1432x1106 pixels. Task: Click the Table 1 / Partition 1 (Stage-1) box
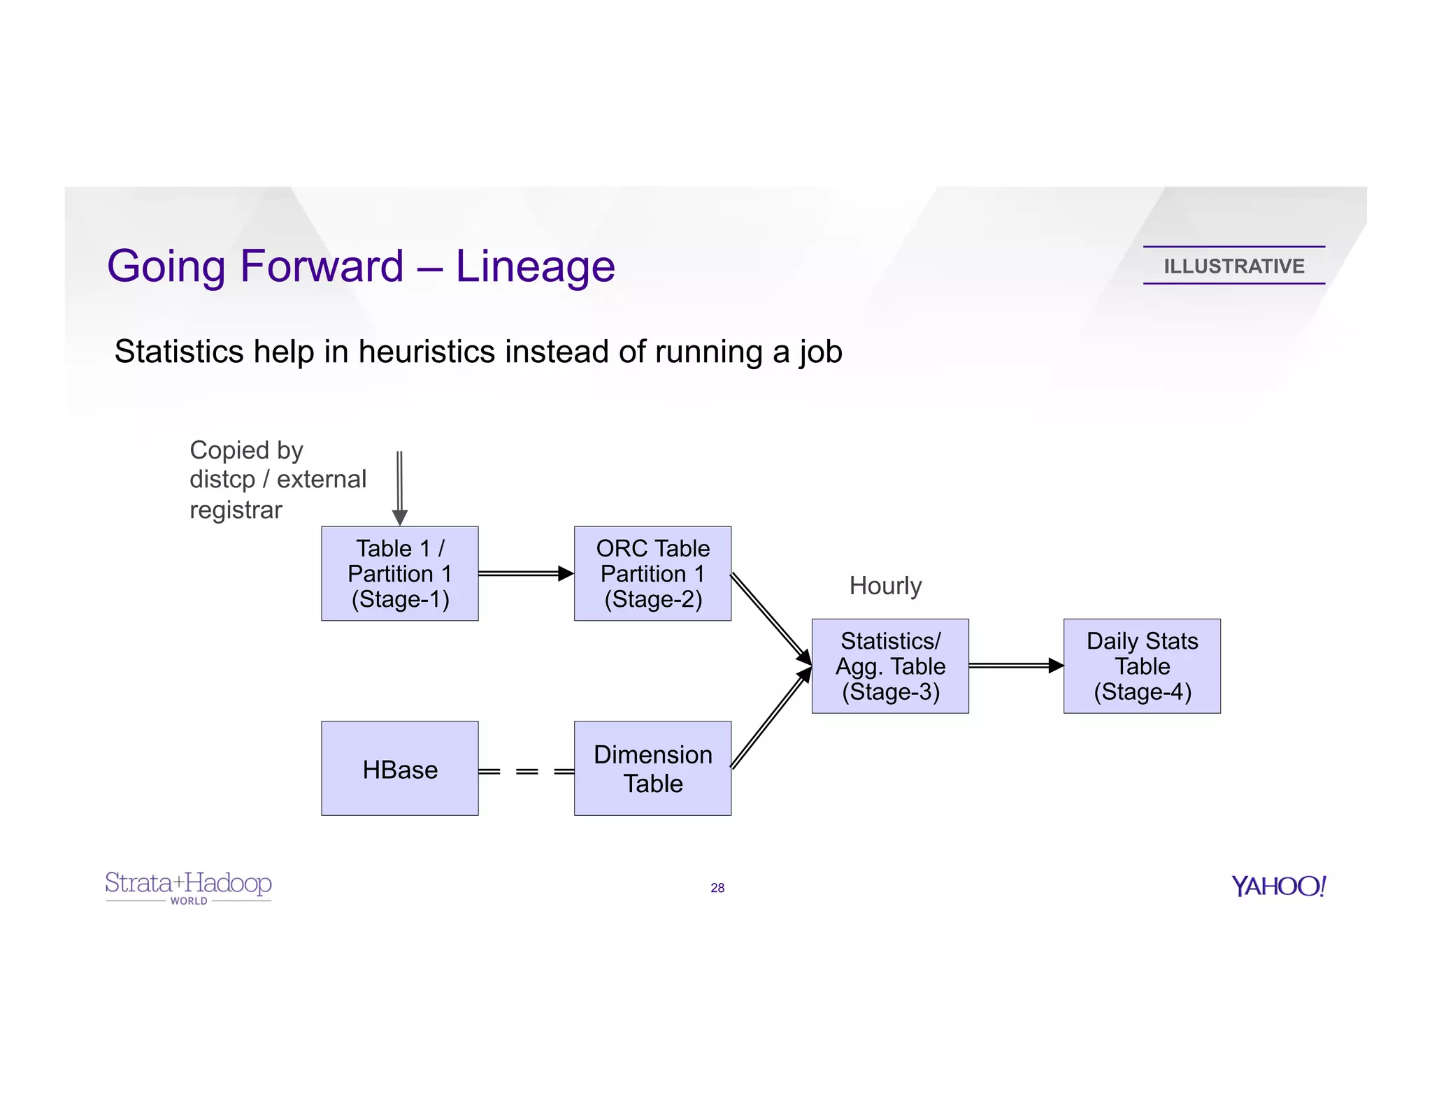[x=399, y=573]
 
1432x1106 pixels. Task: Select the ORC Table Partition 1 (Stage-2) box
[x=652, y=573]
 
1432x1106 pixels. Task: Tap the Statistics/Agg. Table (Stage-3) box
[x=890, y=666]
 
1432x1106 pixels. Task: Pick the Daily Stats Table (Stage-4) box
[x=1142, y=666]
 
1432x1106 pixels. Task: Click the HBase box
[x=399, y=768]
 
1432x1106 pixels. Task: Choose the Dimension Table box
[x=652, y=768]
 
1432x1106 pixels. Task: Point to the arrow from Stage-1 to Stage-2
[x=524, y=573]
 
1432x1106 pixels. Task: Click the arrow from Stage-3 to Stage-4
[x=1015, y=666]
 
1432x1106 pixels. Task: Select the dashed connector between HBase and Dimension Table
[x=527, y=771]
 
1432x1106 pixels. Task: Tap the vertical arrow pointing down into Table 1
[x=399, y=486]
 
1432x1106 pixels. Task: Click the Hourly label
[x=885, y=586]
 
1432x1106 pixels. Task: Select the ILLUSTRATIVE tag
[x=1233, y=266]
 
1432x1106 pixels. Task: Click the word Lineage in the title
[x=535, y=266]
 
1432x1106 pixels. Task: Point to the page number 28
[x=717, y=888]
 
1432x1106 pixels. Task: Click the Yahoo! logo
[x=1278, y=886]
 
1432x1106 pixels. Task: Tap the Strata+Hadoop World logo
[x=188, y=886]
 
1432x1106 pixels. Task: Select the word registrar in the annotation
[x=236, y=510]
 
